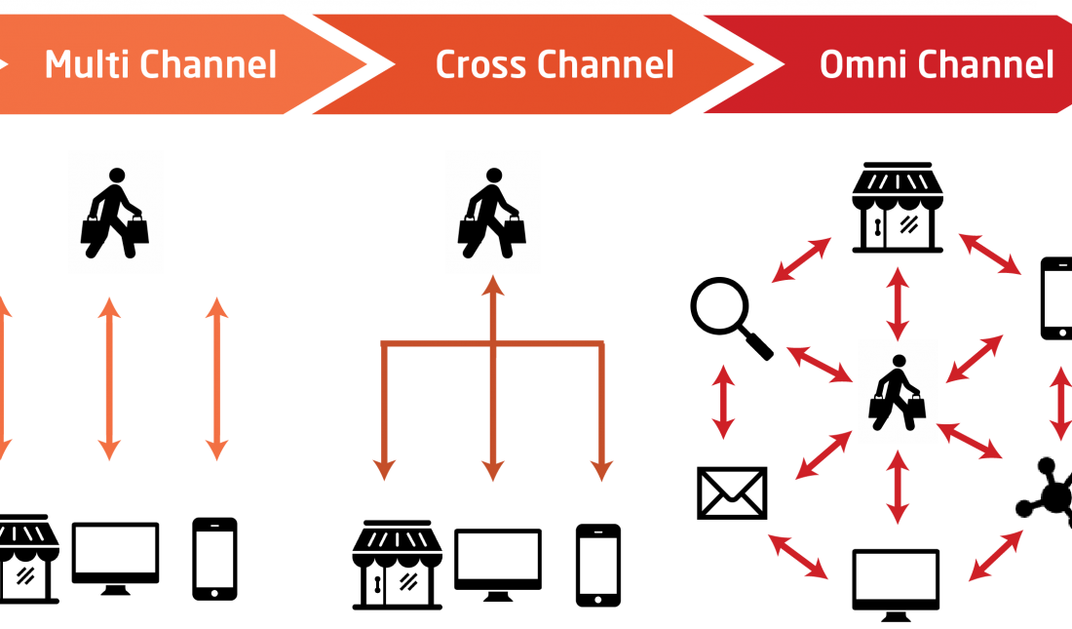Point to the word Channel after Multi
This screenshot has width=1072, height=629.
(208, 64)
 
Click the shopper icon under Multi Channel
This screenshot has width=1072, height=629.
(115, 212)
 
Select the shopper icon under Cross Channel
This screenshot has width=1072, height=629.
(493, 212)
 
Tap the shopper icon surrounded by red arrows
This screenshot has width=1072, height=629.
(898, 391)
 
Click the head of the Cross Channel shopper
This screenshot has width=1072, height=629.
(494, 176)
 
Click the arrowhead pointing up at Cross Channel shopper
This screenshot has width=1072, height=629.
(493, 286)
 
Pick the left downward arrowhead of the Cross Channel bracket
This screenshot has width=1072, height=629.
(385, 470)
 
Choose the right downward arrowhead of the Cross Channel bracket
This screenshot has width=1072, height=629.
(602, 470)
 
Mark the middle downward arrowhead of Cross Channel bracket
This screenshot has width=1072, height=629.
(493, 470)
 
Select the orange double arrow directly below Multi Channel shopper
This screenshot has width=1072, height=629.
(109, 378)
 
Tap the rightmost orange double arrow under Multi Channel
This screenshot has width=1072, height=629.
(216, 378)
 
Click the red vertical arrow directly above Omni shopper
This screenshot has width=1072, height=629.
(898, 302)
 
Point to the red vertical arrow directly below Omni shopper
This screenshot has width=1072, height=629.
(898, 486)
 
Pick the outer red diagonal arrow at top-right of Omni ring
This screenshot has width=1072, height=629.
(990, 254)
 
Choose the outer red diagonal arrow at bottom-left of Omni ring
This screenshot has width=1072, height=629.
(798, 556)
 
